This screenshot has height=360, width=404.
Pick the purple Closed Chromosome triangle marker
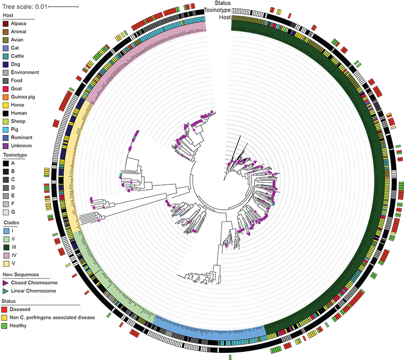click(5, 283)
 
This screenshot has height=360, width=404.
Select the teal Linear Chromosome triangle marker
click(5, 291)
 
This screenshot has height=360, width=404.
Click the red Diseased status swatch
click(5, 309)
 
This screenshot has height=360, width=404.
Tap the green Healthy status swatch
click(5, 325)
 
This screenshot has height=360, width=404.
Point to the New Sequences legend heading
click(20, 274)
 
